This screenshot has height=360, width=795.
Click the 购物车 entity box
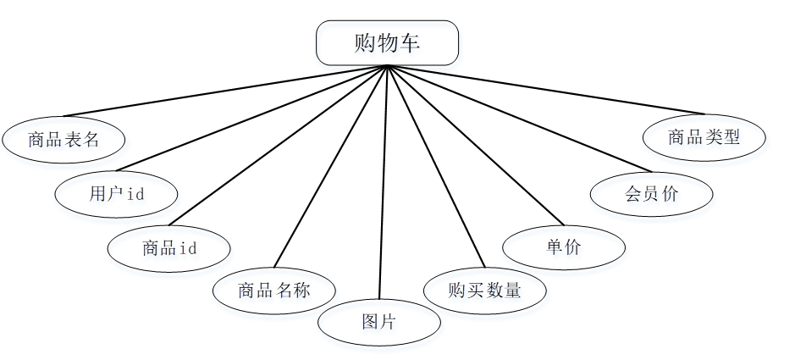coord(387,43)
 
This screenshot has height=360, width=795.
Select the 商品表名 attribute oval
coord(63,139)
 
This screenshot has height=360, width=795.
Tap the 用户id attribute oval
coord(117,193)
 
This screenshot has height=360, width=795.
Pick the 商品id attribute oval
coord(169,248)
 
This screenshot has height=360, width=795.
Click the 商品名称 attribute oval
coord(273,291)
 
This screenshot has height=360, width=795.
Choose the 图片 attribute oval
coord(378,322)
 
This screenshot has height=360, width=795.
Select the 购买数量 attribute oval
coord(484,291)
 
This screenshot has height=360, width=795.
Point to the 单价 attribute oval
coord(564,247)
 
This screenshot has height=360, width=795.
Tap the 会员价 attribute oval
coord(651,193)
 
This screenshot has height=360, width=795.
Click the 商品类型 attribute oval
coord(704,136)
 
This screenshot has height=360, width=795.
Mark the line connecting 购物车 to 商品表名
coord(224,91)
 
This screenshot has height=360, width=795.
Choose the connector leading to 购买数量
coord(436,167)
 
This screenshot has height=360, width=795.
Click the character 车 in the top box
coord(410,43)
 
